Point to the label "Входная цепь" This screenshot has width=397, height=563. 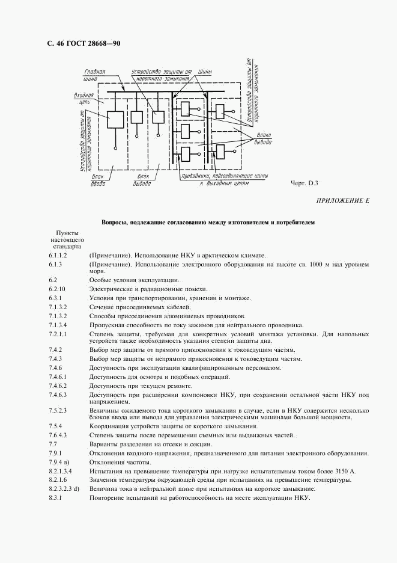[x=82, y=99]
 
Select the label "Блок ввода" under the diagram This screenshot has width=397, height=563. [x=98, y=179]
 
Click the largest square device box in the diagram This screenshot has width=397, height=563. [x=115, y=118]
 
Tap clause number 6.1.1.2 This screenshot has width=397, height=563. [x=59, y=256]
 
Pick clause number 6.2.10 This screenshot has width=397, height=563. [x=58, y=289]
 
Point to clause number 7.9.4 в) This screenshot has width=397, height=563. [x=59, y=461]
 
